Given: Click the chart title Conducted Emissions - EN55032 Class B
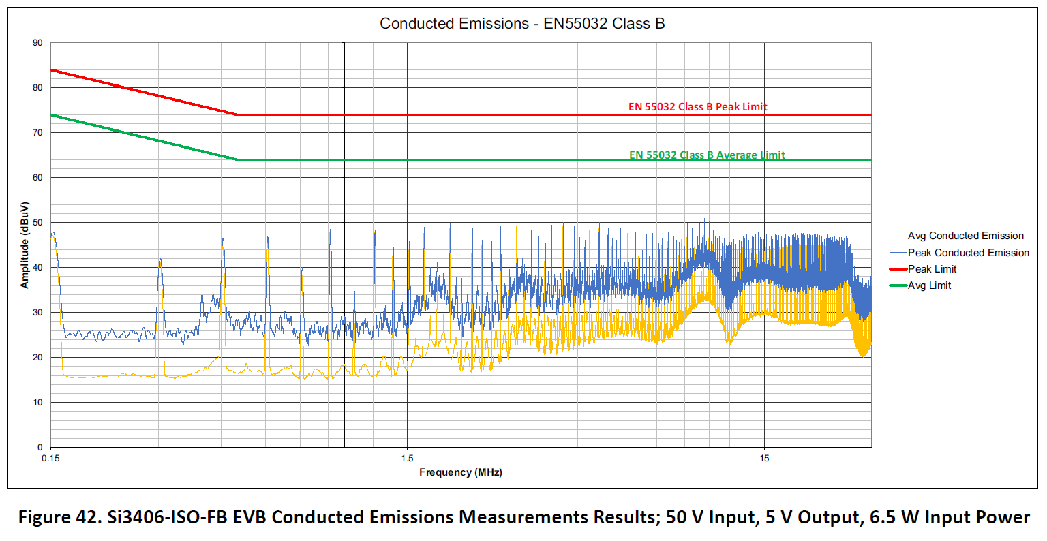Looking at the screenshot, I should click(522, 24).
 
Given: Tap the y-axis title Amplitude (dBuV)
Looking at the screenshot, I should click(25, 245).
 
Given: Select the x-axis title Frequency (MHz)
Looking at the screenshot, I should click(461, 472).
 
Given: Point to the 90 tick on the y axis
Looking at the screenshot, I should click(38, 43).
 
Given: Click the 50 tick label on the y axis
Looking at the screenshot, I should click(38, 223).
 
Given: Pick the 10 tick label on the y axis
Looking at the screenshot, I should click(38, 403).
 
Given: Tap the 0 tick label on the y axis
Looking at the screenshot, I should click(40, 448).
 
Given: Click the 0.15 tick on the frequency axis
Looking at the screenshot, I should click(51, 458).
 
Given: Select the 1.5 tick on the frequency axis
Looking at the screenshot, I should click(408, 458).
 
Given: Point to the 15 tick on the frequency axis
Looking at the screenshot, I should click(764, 458).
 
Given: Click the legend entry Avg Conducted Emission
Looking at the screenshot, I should click(965, 236).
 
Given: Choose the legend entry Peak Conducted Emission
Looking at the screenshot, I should click(968, 253).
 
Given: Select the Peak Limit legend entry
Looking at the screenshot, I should click(932, 269).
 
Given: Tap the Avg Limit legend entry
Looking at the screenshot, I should click(929, 285).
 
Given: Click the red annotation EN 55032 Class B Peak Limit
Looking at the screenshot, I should click(697, 107).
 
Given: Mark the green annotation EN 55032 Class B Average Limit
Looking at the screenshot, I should click(707, 155).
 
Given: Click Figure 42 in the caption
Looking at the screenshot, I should click(60, 517).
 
